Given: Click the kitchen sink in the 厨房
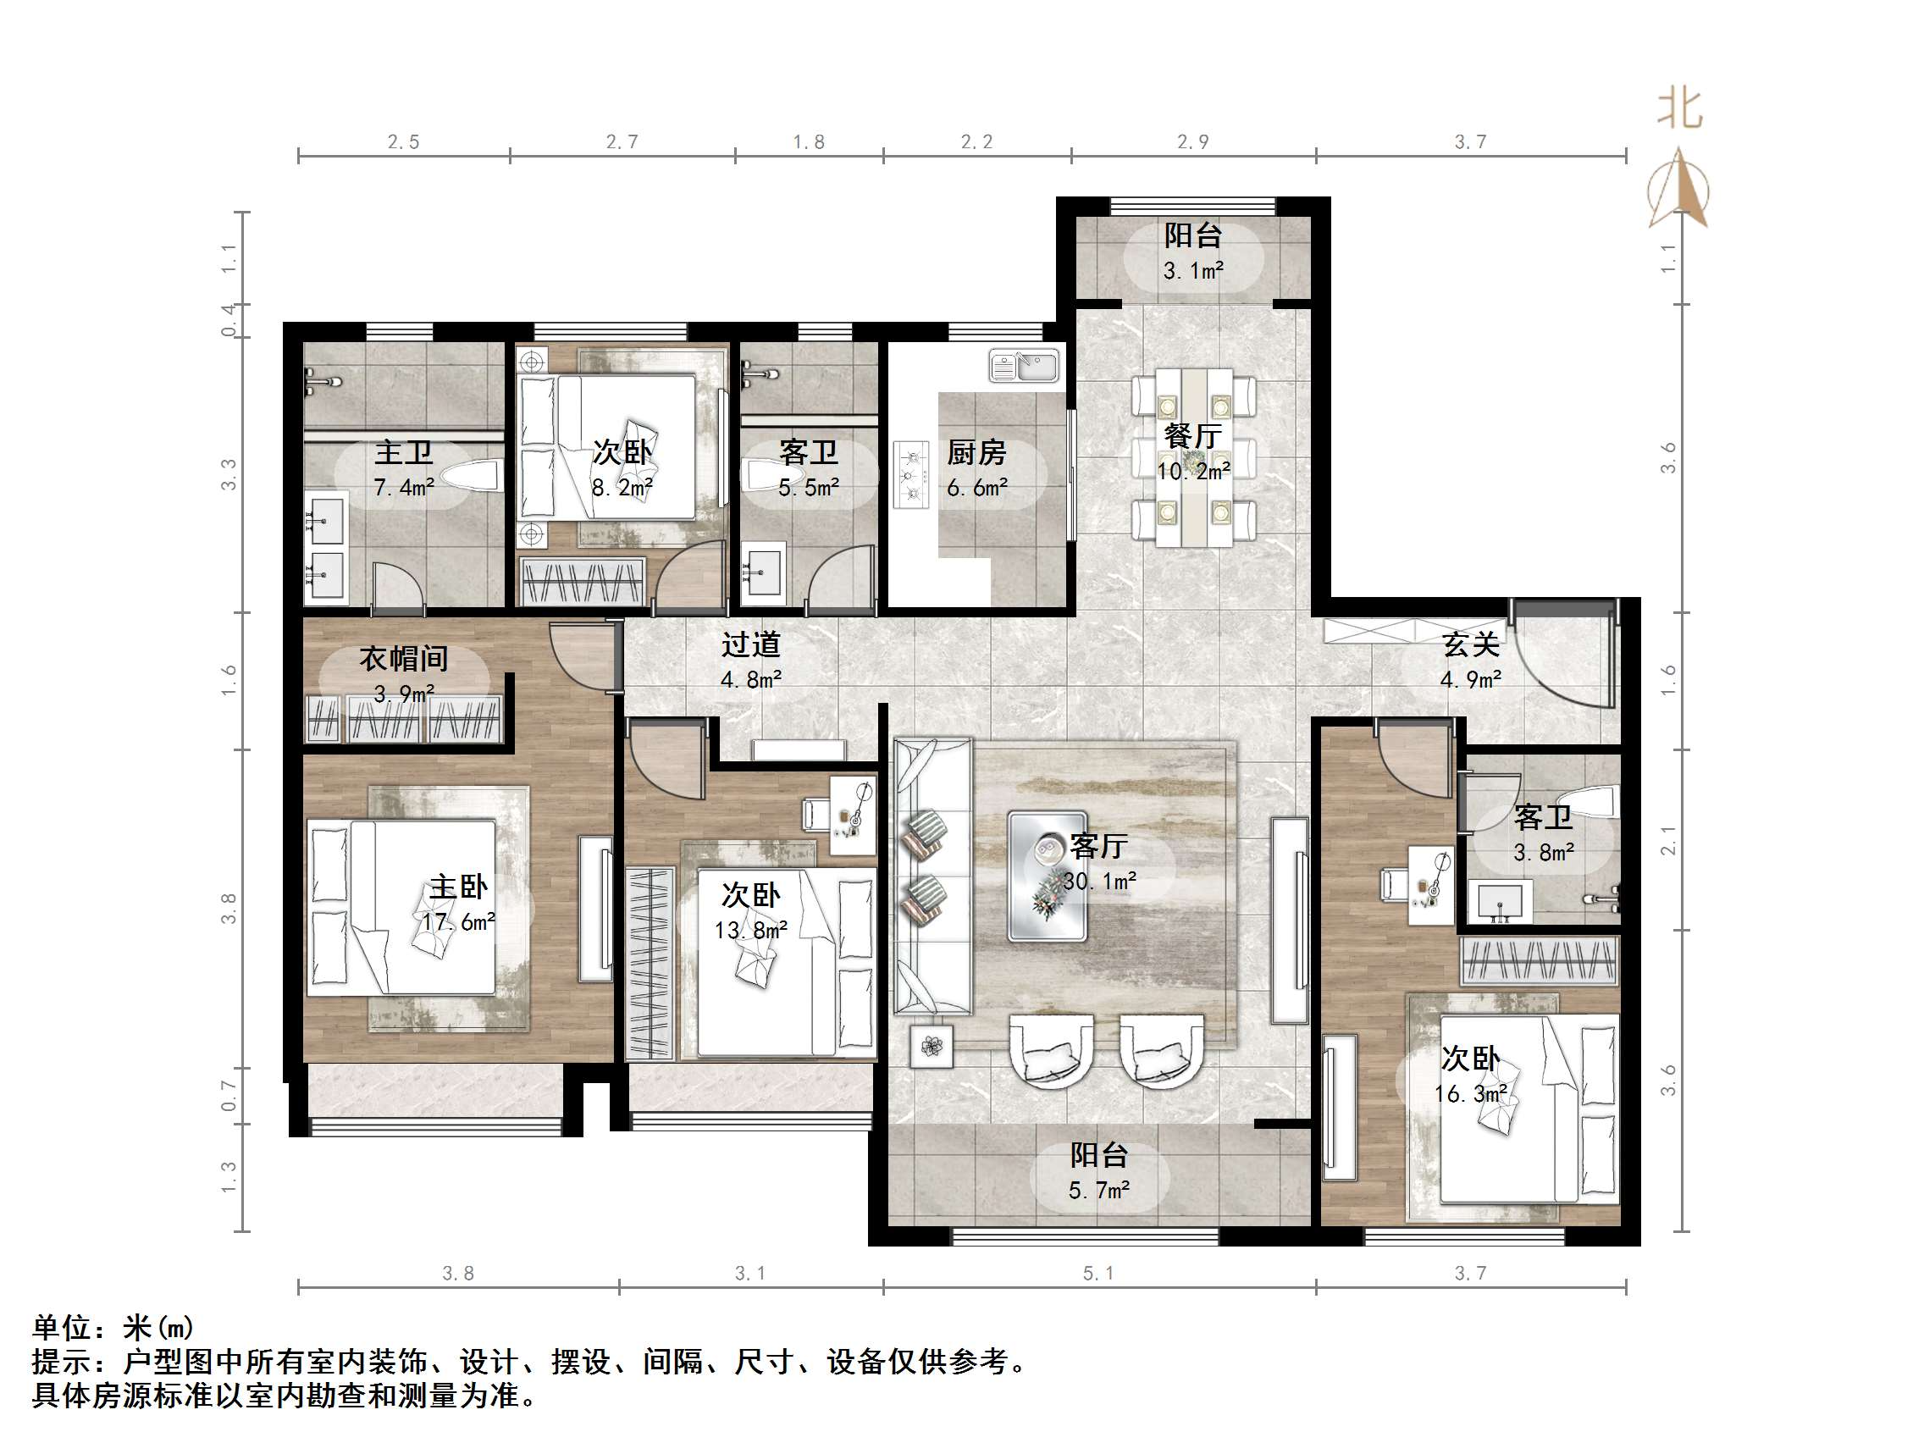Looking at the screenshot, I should click(1024, 365).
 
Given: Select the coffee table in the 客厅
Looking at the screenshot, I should click(1048, 876).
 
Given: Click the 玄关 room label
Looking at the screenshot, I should click(1471, 644).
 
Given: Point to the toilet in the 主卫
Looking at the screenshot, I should click(471, 476).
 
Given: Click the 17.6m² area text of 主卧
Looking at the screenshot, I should click(458, 922).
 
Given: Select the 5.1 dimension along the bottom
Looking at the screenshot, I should click(1097, 1274).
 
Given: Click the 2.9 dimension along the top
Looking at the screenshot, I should click(1192, 141).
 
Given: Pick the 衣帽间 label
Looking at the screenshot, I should click(404, 659).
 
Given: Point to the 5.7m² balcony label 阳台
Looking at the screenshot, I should click(1098, 1155).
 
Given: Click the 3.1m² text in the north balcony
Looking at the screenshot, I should click(1193, 271).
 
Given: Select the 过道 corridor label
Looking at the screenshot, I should click(750, 644).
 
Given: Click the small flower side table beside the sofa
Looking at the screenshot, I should click(932, 1047).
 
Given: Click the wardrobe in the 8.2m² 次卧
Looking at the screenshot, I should click(582, 581).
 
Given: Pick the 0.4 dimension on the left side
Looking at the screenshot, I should click(228, 320).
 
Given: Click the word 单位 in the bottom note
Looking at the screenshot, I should click(61, 1328).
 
